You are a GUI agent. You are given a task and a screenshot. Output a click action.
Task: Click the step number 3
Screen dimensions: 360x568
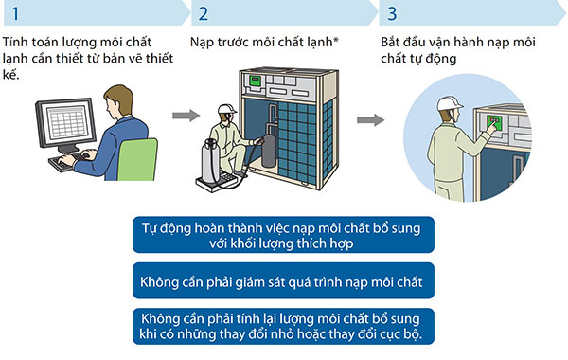(392, 14)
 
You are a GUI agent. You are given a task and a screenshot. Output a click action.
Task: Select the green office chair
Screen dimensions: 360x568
(137, 161)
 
